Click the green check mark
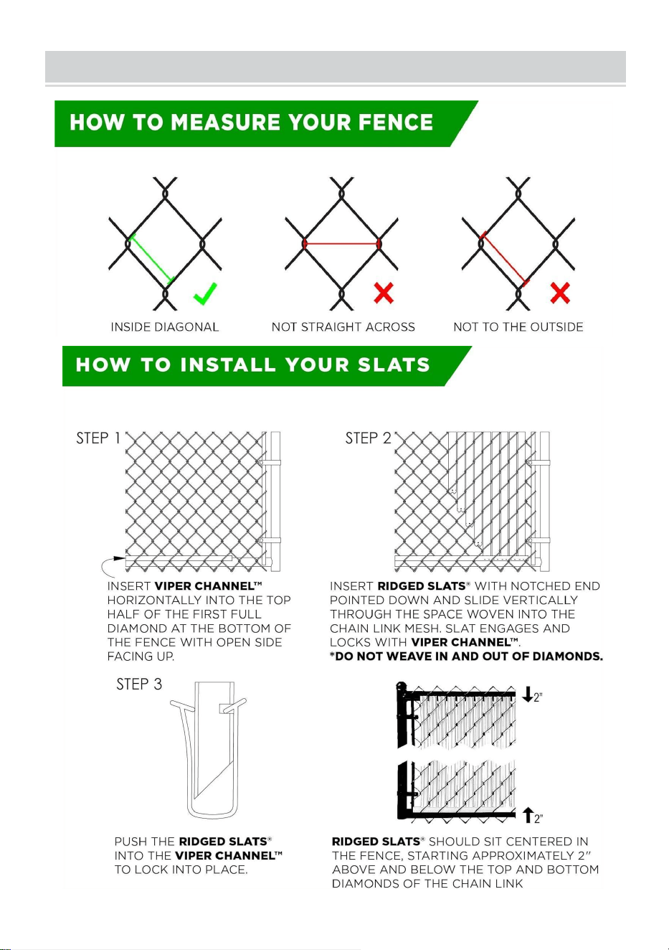(205, 293)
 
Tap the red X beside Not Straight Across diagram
(384, 293)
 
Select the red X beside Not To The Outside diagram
(560, 293)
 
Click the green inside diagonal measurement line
(152, 258)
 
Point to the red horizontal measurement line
(342, 244)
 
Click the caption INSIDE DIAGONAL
(164, 327)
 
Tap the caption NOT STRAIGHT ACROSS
(343, 327)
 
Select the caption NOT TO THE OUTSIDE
(518, 327)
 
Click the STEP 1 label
(98, 438)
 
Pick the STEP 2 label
(368, 438)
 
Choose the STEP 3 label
(139, 684)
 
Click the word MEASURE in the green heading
(225, 122)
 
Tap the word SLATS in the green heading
(394, 365)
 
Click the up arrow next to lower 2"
(528, 815)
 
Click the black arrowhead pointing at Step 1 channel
(119, 558)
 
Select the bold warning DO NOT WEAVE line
(466, 657)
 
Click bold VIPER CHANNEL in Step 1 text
(208, 586)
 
